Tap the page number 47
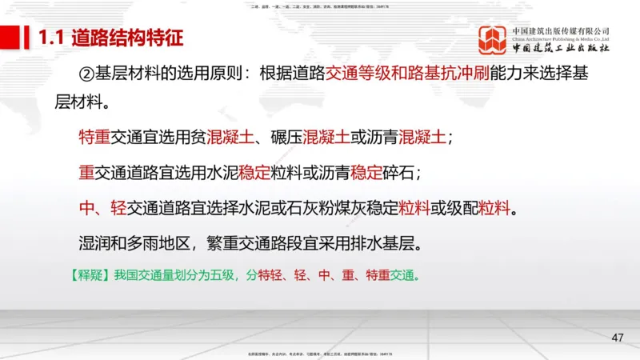pos(617,338)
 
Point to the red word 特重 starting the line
pos(94,137)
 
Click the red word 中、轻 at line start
pos(103,209)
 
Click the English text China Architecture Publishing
pos(560,38)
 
